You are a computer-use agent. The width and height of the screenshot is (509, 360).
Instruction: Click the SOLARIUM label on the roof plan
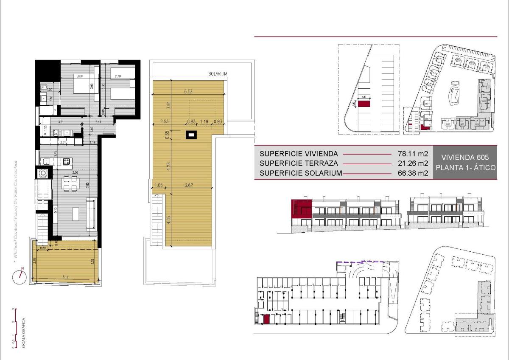(x=218, y=74)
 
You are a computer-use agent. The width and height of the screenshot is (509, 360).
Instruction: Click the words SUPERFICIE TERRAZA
(x=298, y=163)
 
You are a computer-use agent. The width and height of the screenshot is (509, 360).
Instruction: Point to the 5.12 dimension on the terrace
(x=65, y=277)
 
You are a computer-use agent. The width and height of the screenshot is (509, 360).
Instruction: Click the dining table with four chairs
(x=70, y=183)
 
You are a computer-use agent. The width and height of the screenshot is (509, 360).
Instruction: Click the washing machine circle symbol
(x=43, y=173)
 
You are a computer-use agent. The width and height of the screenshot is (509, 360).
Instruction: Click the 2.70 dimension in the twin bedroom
(x=118, y=76)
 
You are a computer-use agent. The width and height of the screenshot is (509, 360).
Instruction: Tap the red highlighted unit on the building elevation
(x=301, y=208)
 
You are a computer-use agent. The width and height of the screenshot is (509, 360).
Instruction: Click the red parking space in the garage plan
(x=266, y=320)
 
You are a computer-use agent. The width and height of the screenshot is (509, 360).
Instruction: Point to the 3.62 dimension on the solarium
(x=190, y=185)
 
